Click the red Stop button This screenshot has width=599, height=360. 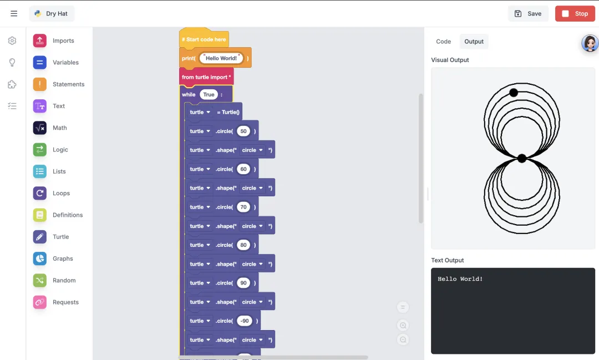tap(575, 14)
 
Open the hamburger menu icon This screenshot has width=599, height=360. tap(14, 14)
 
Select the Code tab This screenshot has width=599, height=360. tap(443, 42)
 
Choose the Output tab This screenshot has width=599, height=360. tap(474, 42)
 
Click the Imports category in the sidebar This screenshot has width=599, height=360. tap(63, 40)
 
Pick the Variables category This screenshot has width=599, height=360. tap(65, 63)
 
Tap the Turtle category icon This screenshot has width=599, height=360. tap(39, 237)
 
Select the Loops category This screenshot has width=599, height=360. tap(61, 193)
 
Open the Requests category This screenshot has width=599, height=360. tap(65, 302)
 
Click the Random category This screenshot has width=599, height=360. tap(64, 281)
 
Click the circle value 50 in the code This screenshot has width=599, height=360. tap(243, 131)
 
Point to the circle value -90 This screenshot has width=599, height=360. tap(245, 321)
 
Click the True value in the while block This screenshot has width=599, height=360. tap(209, 95)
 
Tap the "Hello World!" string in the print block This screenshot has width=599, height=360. tap(221, 58)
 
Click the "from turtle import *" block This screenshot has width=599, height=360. tap(206, 77)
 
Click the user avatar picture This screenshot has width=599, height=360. tap(590, 43)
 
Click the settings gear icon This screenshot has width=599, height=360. tap(12, 41)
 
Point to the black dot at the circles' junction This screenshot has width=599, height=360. tap(521, 159)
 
